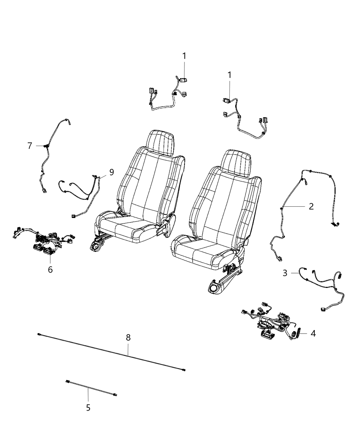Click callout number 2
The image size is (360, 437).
click(311, 206)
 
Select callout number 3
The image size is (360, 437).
click(285, 273)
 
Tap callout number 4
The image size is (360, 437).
click(313, 333)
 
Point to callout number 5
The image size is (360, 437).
click(88, 408)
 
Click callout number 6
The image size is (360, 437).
click(50, 270)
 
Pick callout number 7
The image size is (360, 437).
click(30, 146)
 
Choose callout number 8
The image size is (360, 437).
click(128, 337)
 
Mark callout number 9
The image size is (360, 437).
click(111, 172)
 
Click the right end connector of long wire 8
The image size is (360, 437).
click(184, 370)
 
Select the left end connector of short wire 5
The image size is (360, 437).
click(68, 381)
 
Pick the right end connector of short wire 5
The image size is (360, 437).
click(115, 395)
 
